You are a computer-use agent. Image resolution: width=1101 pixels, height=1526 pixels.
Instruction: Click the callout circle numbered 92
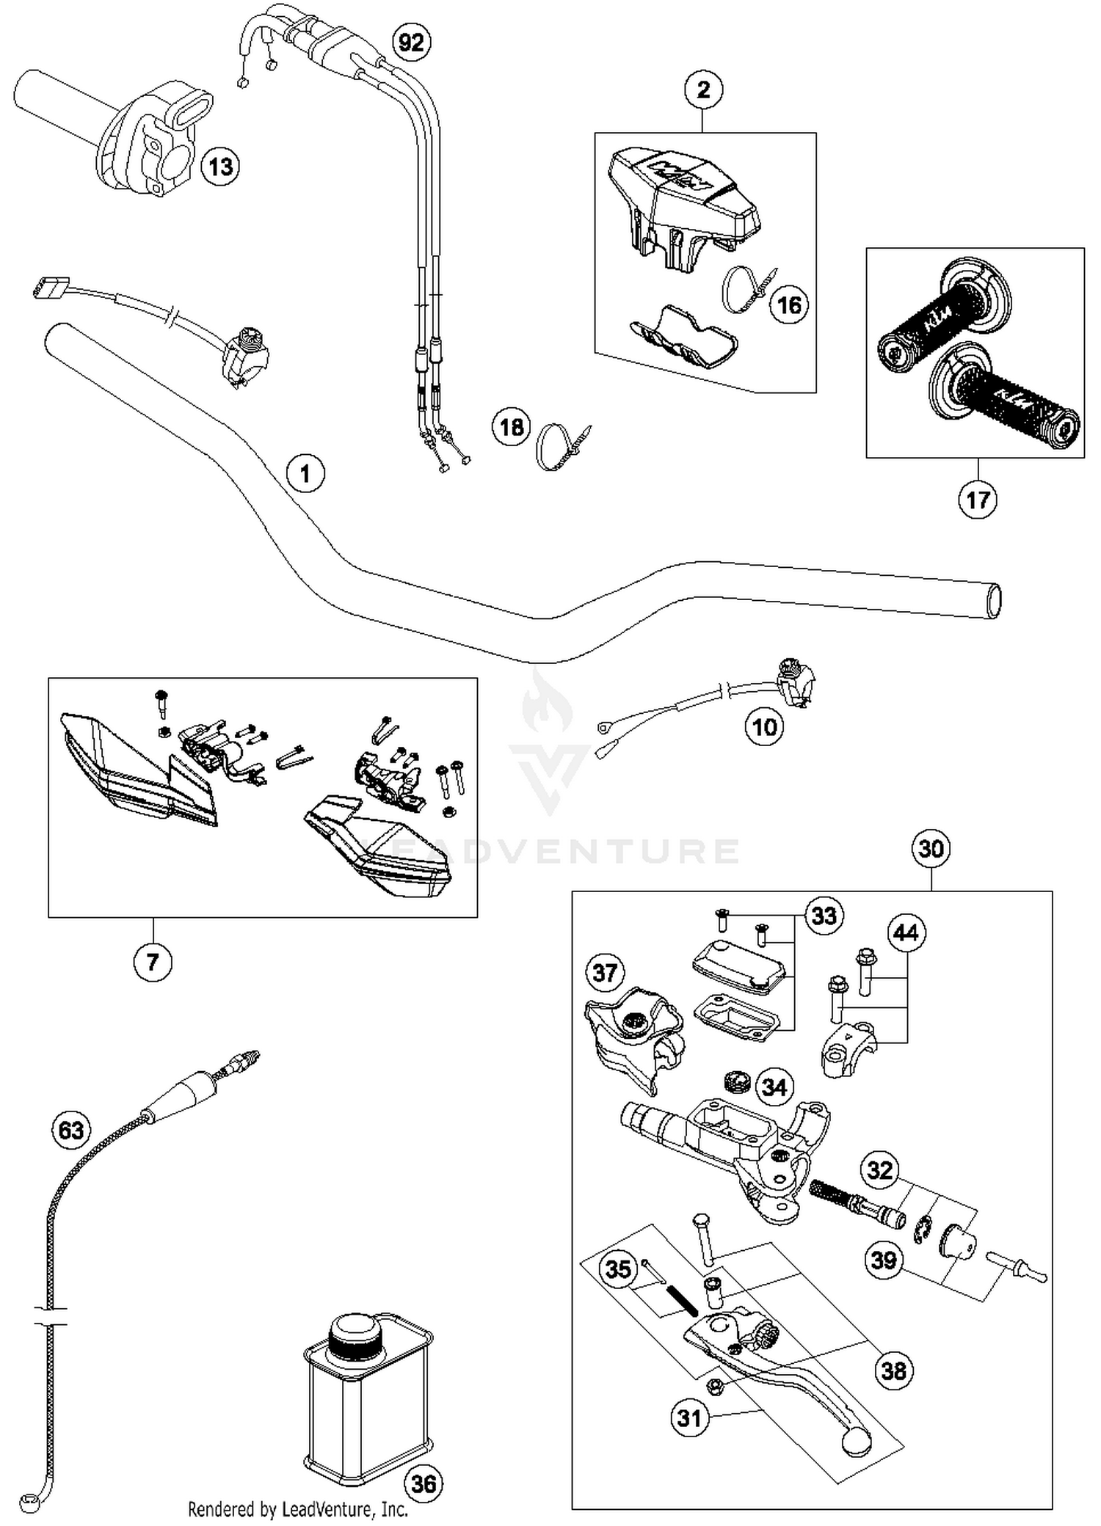411,43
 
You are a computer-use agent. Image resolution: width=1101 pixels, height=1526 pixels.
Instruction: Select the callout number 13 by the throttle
220,167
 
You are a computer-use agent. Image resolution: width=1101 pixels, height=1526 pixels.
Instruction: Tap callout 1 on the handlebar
305,474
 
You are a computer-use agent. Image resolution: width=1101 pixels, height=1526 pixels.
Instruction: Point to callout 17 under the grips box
978,500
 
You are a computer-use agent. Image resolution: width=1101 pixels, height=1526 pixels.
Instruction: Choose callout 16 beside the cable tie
789,304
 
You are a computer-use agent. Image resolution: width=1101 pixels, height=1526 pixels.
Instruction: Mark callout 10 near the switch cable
765,727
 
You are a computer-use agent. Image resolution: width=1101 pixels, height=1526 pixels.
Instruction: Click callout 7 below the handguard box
153,961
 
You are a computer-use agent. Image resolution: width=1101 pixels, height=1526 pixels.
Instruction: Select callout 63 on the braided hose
71,1130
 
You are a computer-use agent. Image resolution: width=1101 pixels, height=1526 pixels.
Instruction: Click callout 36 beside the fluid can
424,1484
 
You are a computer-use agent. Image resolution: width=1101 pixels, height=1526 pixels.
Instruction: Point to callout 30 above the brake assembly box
931,849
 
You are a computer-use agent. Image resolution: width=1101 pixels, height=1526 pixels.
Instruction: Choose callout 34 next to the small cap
774,1087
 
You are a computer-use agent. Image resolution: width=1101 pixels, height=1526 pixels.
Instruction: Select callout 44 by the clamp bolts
906,933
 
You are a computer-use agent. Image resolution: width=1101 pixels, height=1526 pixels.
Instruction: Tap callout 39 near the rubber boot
883,1260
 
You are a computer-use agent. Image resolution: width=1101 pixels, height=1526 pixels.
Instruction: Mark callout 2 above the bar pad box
703,90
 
